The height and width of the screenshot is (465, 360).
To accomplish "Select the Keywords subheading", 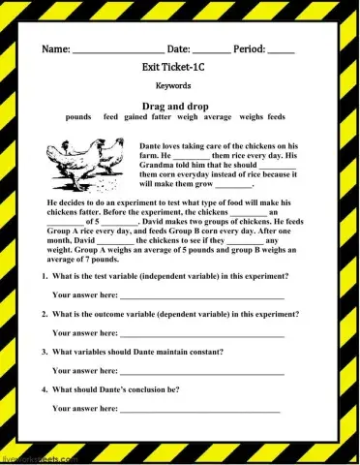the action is click(179, 85).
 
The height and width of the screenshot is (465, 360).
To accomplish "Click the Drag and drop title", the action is click(178, 103).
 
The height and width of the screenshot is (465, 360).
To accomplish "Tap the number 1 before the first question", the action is click(44, 276).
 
